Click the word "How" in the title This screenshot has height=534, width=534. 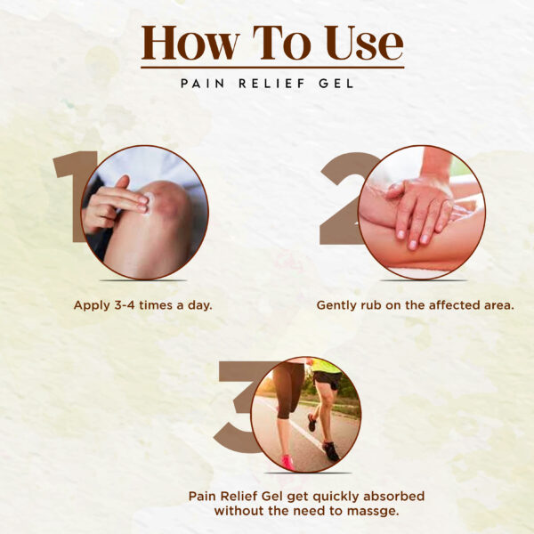coord(190,43)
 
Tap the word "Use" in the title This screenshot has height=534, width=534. coord(364,43)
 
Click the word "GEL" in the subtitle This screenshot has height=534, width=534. coord(336,84)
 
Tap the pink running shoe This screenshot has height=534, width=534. coord(288,462)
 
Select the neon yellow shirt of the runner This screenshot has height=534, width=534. coord(325,366)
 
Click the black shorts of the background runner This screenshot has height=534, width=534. coord(328,379)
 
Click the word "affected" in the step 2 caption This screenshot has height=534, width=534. coord(452,305)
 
